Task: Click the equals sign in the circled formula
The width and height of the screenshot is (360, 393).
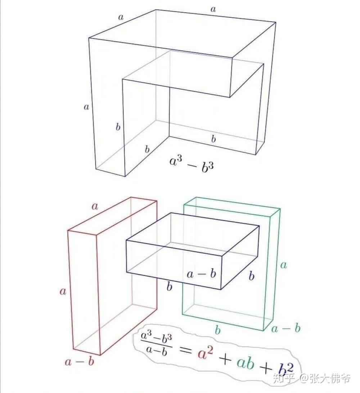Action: pyautogui.click(x=185, y=350)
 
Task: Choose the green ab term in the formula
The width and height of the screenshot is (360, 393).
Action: pyautogui.click(x=246, y=362)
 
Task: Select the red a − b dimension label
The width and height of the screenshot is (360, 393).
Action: pyautogui.click(x=79, y=362)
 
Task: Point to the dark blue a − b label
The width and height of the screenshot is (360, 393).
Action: pyautogui.click(x=201, y=274)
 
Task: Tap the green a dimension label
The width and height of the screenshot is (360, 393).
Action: pyautogui.click(x=283, y=265)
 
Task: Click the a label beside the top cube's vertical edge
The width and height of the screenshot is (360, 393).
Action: pyautogui.click(x=86, y=107)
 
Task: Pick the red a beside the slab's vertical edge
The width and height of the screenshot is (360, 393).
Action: pyautogui.click(x=63, y=291)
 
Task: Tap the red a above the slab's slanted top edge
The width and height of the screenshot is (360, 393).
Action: pyautogui.click(x=95, y=206)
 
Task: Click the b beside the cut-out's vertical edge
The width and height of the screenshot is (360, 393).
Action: pyautogui.click(x=118, y=127)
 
